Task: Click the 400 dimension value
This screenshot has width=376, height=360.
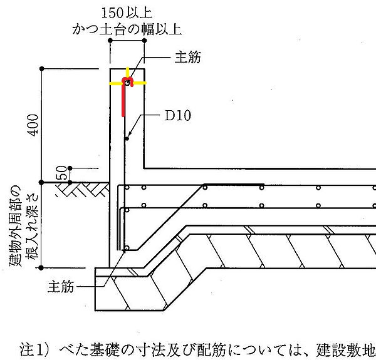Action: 33,125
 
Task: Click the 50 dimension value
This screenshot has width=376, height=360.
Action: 61,172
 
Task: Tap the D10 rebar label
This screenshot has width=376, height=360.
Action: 178,116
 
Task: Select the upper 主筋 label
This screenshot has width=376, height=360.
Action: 187,57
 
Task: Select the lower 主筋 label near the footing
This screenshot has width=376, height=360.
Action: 61,287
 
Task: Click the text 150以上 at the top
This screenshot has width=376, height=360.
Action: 127,13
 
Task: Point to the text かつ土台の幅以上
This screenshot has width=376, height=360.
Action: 127,29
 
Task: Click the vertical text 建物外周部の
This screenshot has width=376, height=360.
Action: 16,225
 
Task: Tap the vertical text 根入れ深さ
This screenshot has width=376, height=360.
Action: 33,226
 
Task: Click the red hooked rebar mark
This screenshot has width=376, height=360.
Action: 123,96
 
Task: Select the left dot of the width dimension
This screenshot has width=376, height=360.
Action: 110,41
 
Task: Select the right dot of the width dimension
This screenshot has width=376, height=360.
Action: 144,41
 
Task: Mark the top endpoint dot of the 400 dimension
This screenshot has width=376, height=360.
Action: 42,69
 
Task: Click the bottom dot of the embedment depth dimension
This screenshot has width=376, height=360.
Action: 41,268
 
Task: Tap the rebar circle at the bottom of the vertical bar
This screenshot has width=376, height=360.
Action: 127,248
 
